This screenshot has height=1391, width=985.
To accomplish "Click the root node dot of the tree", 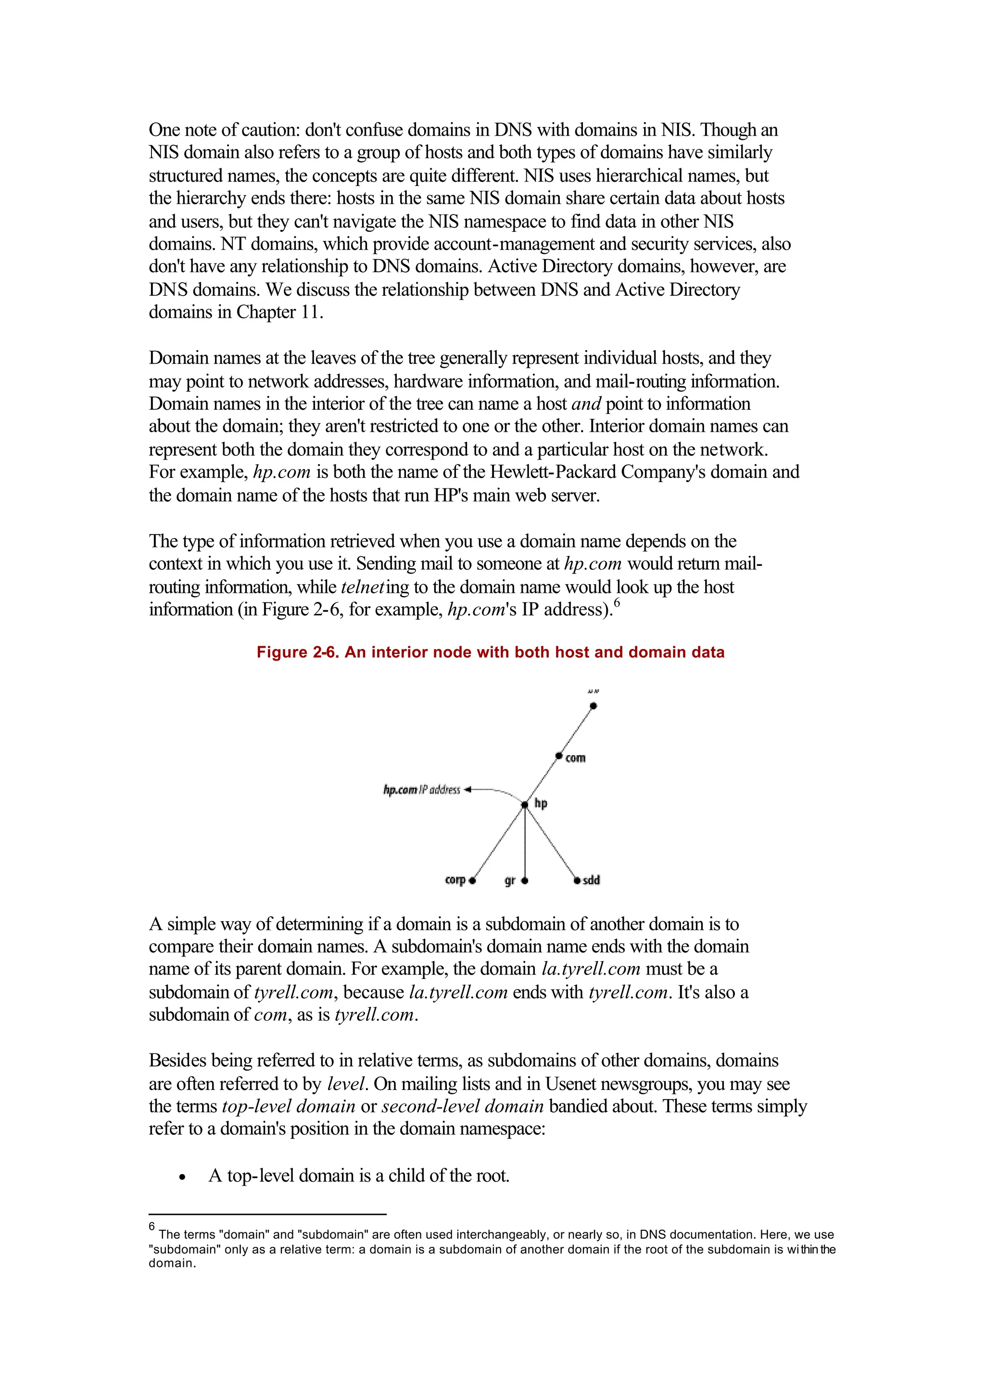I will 593,706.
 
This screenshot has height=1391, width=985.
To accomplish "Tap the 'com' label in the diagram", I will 575,758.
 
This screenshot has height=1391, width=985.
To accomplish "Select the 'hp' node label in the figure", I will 541,803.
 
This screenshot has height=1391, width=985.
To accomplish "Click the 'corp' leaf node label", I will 455,880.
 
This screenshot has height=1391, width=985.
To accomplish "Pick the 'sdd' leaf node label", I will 592,880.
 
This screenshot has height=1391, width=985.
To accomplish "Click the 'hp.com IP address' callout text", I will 421,789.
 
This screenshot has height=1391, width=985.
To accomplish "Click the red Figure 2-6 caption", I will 490,652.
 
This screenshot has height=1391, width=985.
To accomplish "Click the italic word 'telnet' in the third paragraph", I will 363,587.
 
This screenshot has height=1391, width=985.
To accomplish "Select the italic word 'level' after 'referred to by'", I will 346,1084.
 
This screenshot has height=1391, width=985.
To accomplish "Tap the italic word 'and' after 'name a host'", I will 586,404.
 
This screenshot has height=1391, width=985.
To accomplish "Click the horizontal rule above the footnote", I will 267,1215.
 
